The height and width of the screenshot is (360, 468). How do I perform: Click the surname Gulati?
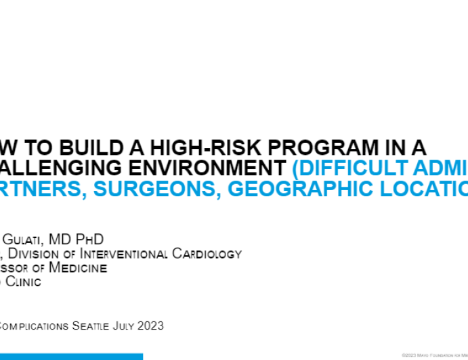pos(28,240)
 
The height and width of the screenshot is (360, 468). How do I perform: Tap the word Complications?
pos(34,326)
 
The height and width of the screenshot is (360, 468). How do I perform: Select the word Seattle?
pos(94,326)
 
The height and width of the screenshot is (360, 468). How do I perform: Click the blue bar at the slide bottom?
pos(71,356)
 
